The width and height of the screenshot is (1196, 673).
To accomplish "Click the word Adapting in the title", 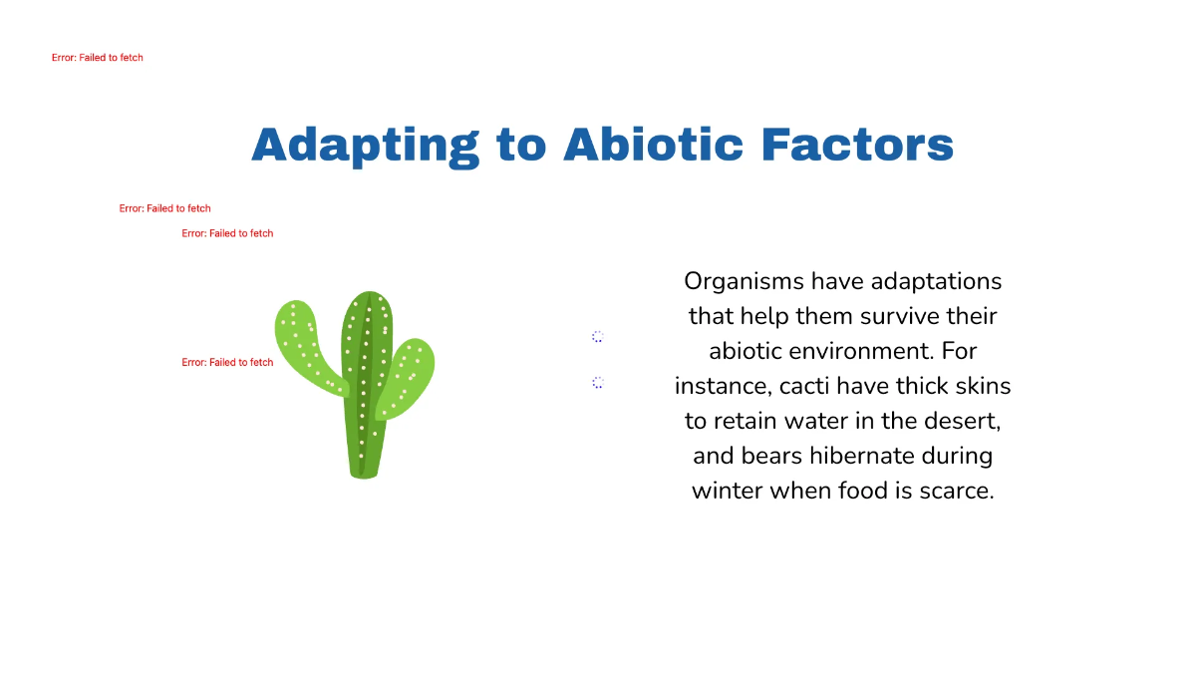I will (365, 145).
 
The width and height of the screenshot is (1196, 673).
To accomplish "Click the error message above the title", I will (98, 58).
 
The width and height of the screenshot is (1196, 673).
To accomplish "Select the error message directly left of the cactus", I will (227, 363).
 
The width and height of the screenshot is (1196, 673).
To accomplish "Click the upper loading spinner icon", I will (598, 337).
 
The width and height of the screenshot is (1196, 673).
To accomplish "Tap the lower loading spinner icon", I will (598, 383).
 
